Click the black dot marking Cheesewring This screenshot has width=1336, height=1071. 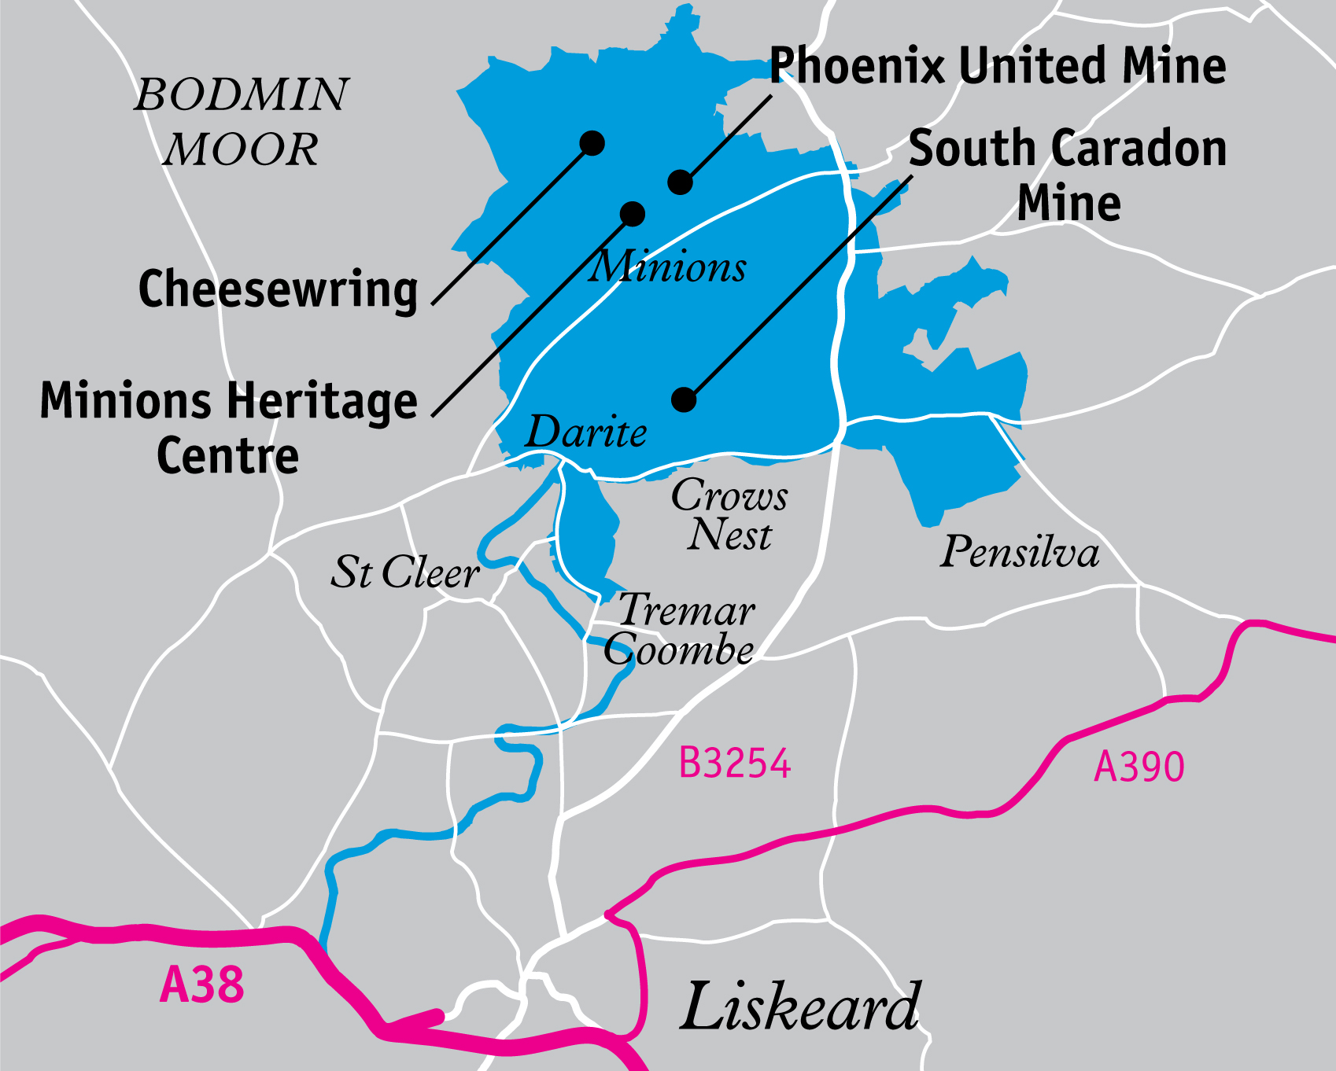[592, 142]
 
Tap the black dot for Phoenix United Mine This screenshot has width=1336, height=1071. [681, 182]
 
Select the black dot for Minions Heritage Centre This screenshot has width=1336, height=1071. [633, 213]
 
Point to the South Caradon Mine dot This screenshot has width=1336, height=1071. [684, 399]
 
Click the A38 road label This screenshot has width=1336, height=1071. [201, 985]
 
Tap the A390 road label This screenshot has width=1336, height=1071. [1139, 767]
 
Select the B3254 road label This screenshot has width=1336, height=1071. [734, 763]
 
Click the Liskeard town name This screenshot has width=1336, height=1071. [800, 1007]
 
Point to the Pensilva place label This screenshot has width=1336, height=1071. [1020, 551]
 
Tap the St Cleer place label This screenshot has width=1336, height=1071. [404, 572]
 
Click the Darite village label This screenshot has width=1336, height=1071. [586, 432]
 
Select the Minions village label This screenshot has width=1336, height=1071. [668, 267]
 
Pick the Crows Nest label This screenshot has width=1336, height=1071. [729, 515]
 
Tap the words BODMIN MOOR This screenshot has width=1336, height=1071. [242, 121]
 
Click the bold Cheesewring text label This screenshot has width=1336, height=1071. [278, 289]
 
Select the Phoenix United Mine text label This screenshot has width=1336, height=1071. [997, 65]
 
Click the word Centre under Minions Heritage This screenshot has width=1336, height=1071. [228, 456]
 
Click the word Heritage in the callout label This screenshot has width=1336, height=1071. [323, 401]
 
